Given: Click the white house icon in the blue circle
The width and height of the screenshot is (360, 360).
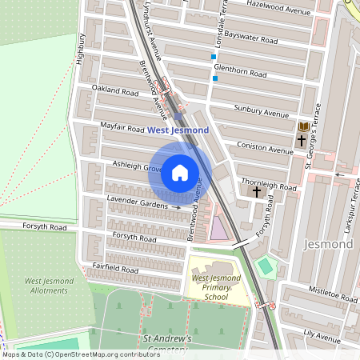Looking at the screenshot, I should coord(180,172).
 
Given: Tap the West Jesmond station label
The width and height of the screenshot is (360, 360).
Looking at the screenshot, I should coord(178,130).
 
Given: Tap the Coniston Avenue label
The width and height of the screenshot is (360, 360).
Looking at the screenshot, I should coord(266,147).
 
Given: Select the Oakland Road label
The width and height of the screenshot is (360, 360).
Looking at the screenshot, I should coord(114,90).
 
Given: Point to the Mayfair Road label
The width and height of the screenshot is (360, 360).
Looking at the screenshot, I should coord(122,127).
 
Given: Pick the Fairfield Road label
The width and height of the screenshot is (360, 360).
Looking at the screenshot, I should coord(114,270).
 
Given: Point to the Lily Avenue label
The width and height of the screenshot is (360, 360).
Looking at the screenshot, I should coord(322,330).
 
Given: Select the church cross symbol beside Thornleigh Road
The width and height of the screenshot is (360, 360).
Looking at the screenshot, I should coord(257,192).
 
